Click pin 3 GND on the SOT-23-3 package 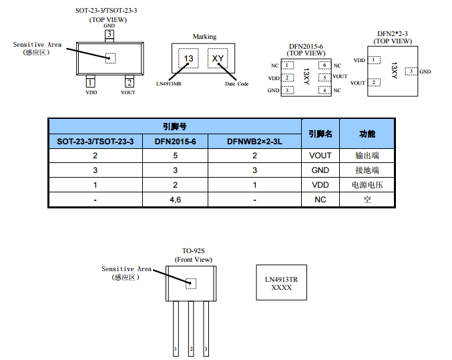coord(109,34)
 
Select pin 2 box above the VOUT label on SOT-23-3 coord(128,83)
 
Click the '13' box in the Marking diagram coord(189,60)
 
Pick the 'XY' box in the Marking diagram coord(218,60)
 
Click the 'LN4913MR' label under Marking coord(171,84)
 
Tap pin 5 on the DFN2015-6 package coord(324,77)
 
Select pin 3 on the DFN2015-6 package coord(288,90)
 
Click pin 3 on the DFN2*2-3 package coord(411,71)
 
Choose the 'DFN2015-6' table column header coord(175,142)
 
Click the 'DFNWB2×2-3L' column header coord(255,142)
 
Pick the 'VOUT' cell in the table coord(320,156)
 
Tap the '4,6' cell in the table coord(175,200)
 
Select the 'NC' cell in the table coord(320,200)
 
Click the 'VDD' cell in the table coord(320,185)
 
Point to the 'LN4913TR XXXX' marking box coord(281,283)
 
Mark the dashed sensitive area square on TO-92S coord(191,283)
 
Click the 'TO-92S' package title coord(193,252)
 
